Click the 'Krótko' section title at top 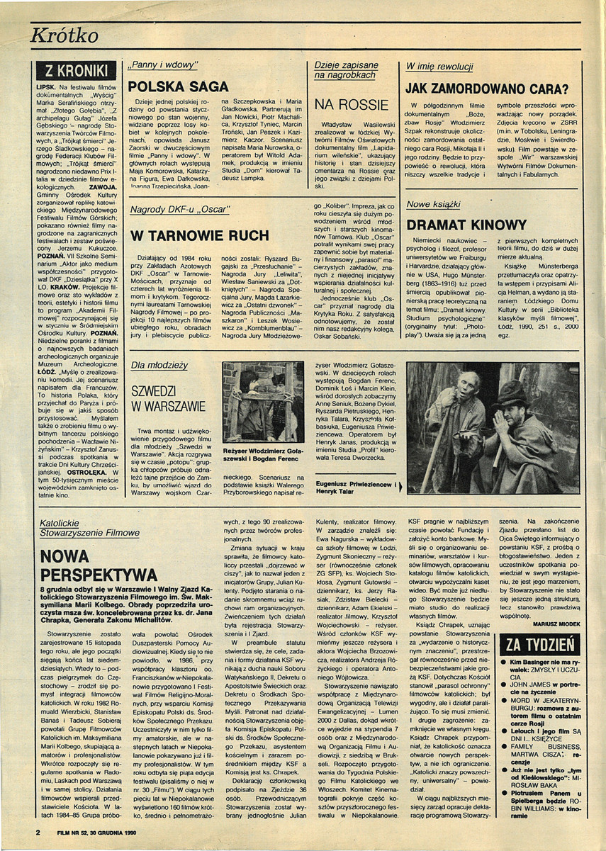click(66, 35)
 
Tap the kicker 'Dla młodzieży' click(158, 366)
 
